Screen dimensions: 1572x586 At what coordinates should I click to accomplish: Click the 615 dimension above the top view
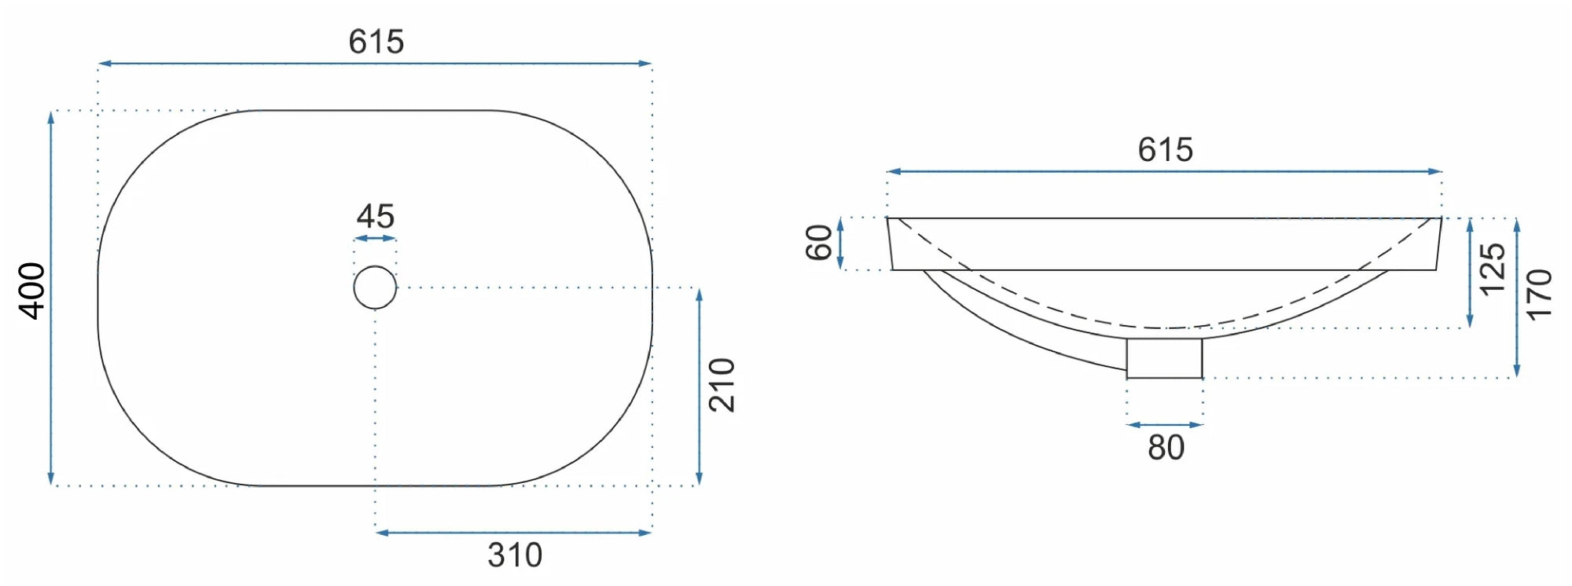tap(376, 42)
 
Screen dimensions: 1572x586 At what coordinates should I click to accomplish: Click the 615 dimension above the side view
tap(1165, 150)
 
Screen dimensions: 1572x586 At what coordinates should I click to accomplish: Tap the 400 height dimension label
tap(32, 291)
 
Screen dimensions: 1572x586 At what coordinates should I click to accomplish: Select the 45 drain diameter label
tap(375, 216)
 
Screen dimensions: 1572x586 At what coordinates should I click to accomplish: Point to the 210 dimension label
tap(722, 385)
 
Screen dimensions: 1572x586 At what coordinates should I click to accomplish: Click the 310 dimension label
tap(515, 555)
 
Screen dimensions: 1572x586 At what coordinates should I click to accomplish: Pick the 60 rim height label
tap(819, 242)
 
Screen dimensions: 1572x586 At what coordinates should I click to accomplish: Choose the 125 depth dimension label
tap(1492, 269)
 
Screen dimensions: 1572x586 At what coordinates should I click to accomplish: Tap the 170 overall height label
tap(1538, 295)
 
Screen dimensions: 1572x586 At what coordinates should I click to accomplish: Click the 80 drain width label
tap(1166, 448)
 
